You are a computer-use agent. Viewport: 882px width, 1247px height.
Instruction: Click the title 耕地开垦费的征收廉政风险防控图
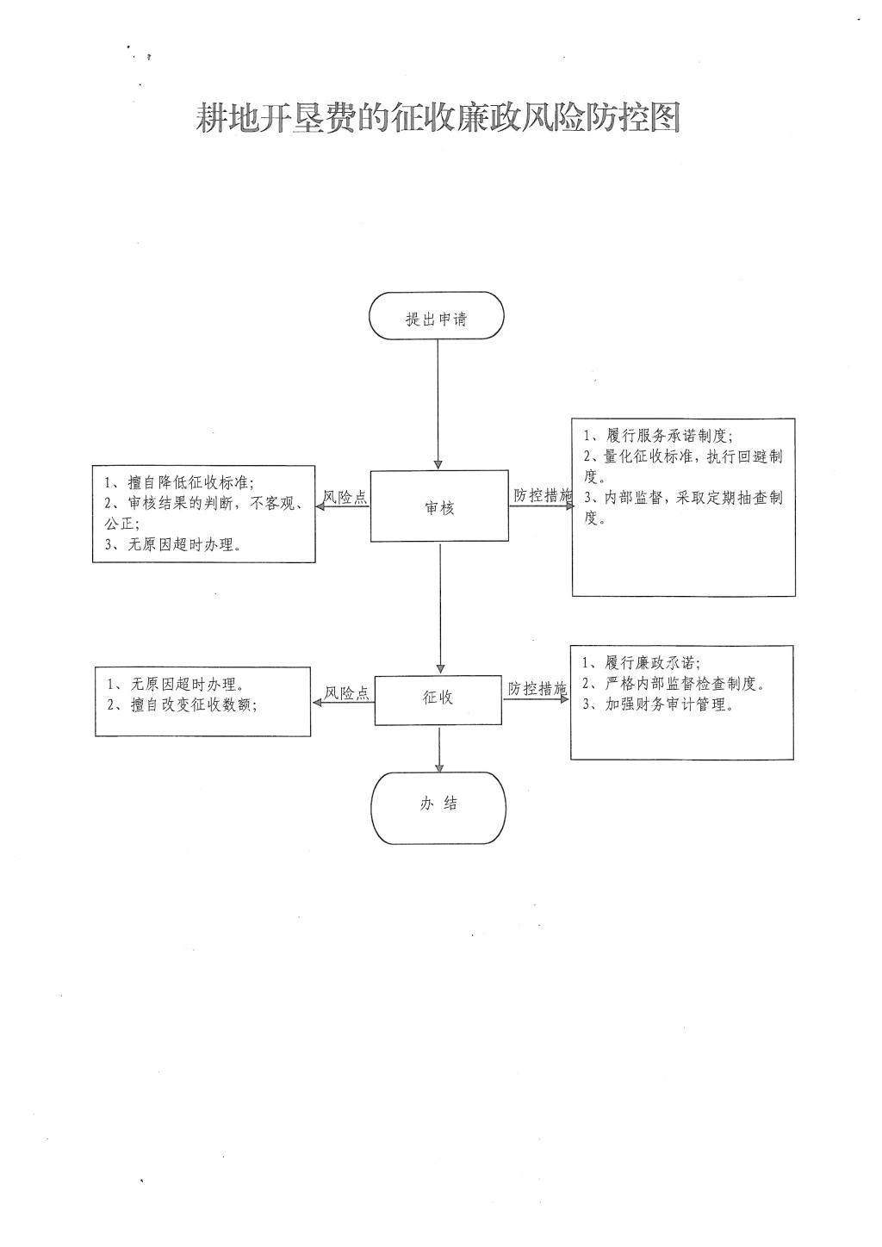[x=438, y=118]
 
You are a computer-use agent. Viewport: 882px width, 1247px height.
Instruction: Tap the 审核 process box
[x=439, y=507]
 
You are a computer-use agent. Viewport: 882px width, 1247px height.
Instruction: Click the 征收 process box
[x=438, y=698]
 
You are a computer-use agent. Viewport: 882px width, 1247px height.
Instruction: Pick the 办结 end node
[x=438, y=805]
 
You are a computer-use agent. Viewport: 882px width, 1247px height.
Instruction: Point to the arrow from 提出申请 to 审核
[x=438, y=405]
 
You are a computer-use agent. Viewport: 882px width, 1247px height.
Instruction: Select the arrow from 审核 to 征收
[x=440, y=607]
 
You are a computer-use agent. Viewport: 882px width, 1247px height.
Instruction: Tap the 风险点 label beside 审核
[x=345, y=497]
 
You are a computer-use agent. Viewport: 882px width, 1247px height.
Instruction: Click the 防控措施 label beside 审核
[x=542, y=496]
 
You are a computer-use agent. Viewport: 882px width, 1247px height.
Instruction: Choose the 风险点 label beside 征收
[x=346, y=692]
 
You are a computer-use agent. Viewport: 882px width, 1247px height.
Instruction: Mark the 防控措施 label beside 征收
[x=537, y=689]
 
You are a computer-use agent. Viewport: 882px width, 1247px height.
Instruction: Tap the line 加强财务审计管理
[x=657, y=705]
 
